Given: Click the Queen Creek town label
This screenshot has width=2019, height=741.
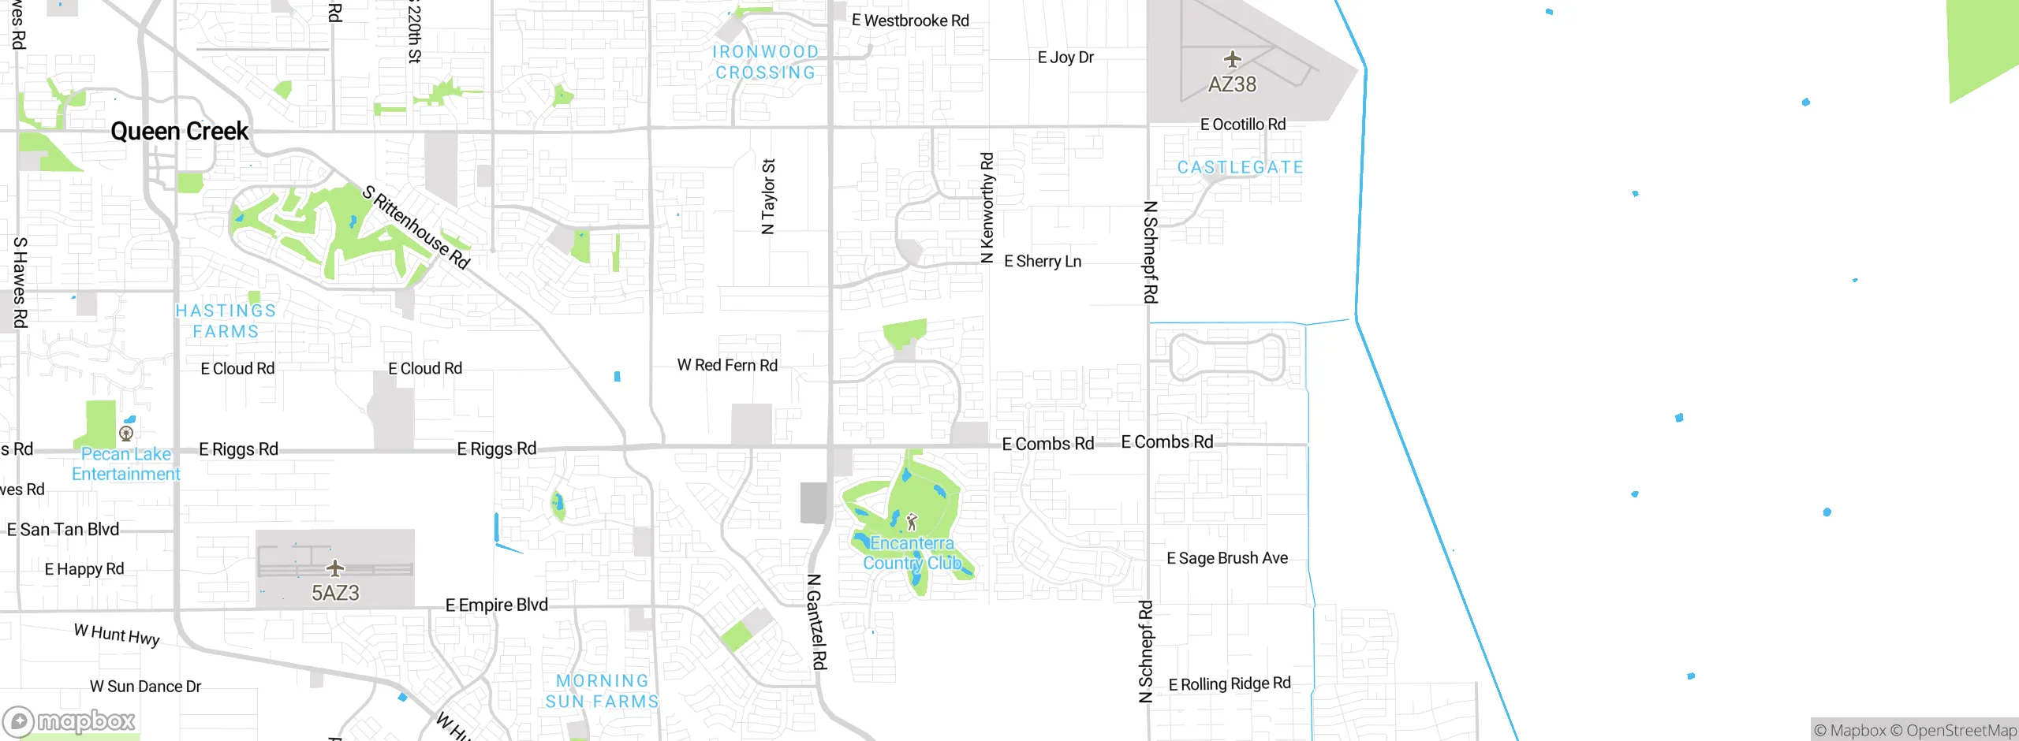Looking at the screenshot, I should (x=179, y=131).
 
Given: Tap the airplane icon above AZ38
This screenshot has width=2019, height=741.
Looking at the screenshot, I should (x=1232, y=60).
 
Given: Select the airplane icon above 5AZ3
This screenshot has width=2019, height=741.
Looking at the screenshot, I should (x=335, y=568).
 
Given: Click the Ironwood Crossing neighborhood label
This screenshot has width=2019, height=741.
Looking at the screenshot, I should (x=765, y=62).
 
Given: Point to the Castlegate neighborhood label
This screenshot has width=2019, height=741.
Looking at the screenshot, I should (x=1240, y=167).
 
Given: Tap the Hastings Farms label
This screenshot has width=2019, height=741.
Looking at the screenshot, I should (x=226, y=321).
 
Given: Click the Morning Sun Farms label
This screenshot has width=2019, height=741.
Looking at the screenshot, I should (x=603, y=691).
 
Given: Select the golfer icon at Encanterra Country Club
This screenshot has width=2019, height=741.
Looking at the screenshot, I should (x=912, y=522).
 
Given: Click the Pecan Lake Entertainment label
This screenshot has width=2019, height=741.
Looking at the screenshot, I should (x=126, y=464).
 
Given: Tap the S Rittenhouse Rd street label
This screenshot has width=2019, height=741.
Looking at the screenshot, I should (x=416, y=227).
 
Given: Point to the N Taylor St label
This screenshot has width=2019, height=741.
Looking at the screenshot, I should (x=768, y=197).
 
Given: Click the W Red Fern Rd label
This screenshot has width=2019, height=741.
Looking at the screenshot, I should (x=727, y=365).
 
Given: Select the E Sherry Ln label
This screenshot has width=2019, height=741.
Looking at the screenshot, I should (x=1042, y=261).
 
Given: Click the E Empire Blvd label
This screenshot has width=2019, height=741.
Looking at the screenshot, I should (x=496, y=605).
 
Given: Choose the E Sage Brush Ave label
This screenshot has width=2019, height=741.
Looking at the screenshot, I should (x=1226, y=558).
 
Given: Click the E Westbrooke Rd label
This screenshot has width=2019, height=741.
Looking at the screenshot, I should (x=909, y=20).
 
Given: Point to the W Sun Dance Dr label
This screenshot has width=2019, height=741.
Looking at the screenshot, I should (x=145, y=686).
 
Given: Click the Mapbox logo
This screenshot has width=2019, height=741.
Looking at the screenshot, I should (x=69, y=721).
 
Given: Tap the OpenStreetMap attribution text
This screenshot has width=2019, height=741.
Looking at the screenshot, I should (x=1961, y=731).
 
